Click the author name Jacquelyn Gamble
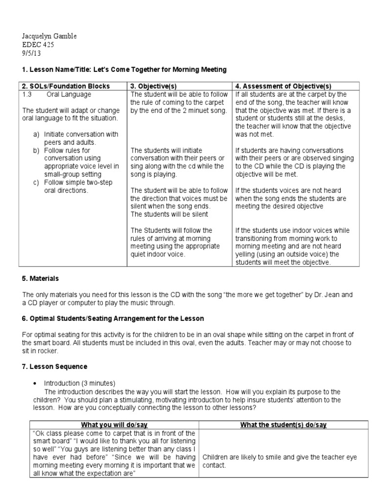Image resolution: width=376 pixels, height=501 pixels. pyautogui.click(x=49, y=37)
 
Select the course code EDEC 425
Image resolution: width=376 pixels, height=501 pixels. pyautogui.click(x=38, y=45)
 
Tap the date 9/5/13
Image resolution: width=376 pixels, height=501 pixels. pyautogui.click(x=32, y=53)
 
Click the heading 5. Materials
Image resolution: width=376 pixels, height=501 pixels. pyautogui.click(x=40, y=278)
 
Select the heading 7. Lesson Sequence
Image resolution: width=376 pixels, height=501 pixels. pyautogui.click(x=55, y=366)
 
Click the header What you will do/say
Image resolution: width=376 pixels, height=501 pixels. pyautogui.click(x=114, y=425)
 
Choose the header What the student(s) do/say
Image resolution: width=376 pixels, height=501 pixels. pyautogui.click(x=283, y=425)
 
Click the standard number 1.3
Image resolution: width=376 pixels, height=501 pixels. pyautogui.click(x=27, y=94)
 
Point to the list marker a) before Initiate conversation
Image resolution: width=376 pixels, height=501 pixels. pyautogui.click(x=36, y=134)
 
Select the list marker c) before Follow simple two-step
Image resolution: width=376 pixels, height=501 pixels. pyautogui.click(x=36, y=182)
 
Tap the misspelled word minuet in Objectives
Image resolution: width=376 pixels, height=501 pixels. pyautogui.click(x=200, y=110)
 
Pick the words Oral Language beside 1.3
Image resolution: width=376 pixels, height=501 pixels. pyautogui.click(x=69, y=94)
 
